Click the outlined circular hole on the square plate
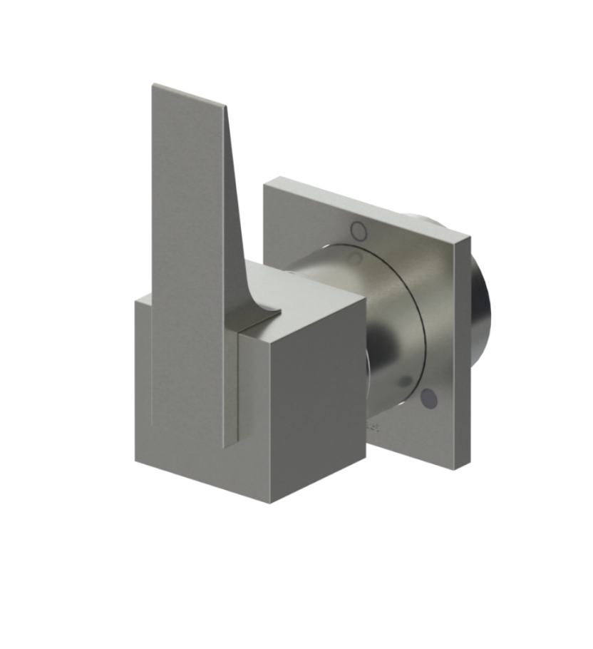(359, 230)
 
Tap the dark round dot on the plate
(429, 399)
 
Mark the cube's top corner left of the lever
(136, 299)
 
